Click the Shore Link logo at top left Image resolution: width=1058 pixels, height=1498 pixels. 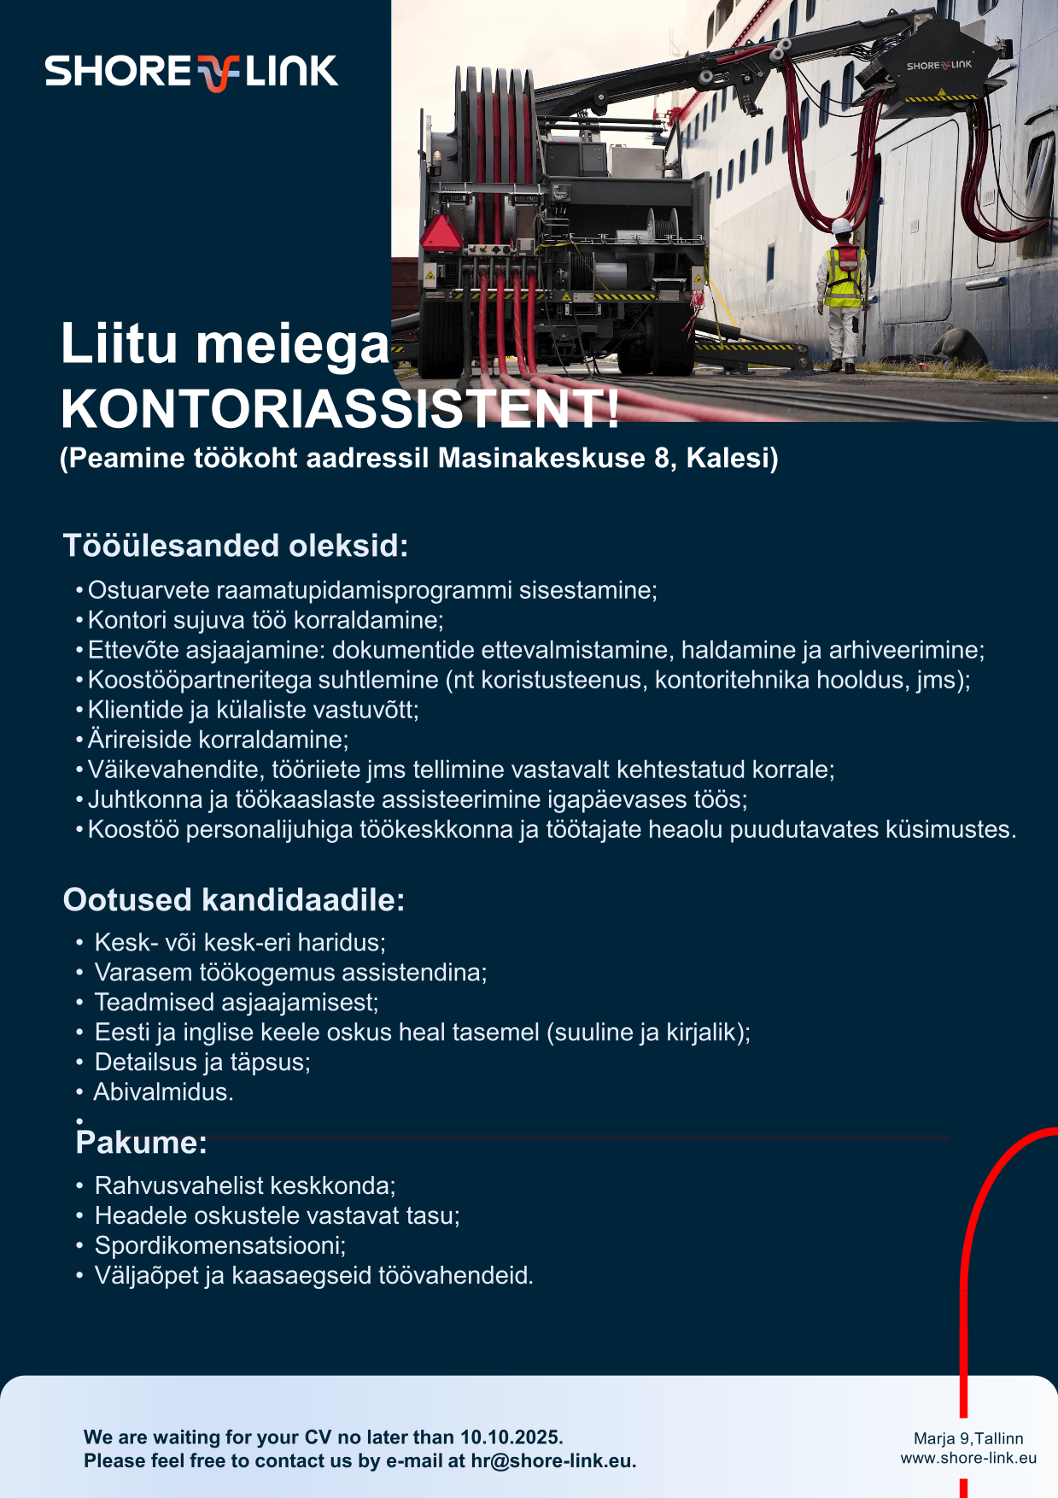[x=191, y=72]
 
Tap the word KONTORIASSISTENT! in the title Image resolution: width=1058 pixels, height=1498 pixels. [x=340, y=410]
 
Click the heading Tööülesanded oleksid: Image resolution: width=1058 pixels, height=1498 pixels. [x=236, y=546]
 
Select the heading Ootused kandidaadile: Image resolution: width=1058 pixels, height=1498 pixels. [x=234, y=900]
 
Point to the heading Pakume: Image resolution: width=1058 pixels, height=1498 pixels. [x=142, y=1143]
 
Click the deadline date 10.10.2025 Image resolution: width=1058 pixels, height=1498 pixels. [x=511, y=1437]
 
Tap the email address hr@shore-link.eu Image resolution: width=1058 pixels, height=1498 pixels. [x=552, y=1461]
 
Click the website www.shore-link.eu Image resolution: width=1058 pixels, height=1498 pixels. [x=968, y=1459]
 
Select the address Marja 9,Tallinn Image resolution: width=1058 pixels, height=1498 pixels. [x=968, y=1439]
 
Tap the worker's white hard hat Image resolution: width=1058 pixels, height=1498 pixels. [x=842, y=225]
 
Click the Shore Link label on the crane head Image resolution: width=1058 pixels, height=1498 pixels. [x=938, y=66]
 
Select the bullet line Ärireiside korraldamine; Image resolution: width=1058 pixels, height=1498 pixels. [x=218, y=740]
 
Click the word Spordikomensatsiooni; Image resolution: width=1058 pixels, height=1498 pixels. [x=220, y=1246]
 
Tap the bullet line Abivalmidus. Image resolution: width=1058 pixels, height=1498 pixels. [x=163, y=1092]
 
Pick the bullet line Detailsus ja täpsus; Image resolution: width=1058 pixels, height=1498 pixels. [x=202, y=1062]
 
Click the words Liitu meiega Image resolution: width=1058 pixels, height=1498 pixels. [x=225, y=344]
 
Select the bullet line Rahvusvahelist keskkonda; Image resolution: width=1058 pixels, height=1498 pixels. [x=245, y=1186]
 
